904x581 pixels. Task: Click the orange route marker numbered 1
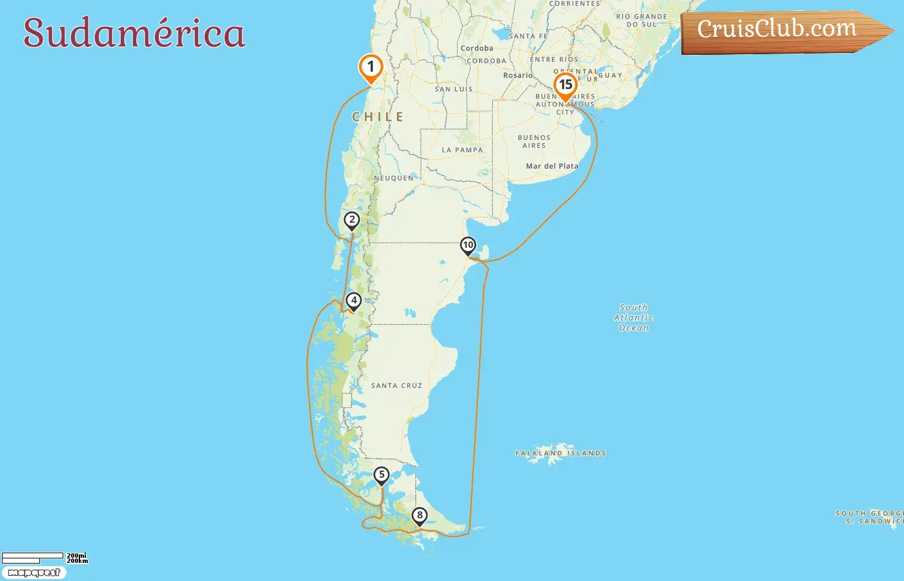tap(371, 67)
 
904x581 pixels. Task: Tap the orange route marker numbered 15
tap(566, 85)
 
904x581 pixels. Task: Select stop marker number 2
tap(351, 220)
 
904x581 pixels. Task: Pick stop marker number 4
tap(353, 301)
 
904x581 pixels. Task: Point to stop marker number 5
tap(382, 475)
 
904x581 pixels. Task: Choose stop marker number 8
tap(420, 515)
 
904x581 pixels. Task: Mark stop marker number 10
tap(468, 245)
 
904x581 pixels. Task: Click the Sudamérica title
tap(134, 33)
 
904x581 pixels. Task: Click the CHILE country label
tap(378, 117)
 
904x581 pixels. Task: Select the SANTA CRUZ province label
tap(396, 385)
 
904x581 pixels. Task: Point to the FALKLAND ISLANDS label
tap(560, 453)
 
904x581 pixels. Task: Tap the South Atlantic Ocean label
tap(633, 318)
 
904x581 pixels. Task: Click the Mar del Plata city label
tap(552, 166)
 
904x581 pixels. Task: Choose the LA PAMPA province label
tap(462, 150)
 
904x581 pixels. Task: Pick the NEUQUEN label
tap(394, 178)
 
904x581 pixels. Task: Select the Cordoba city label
tap(477, 48)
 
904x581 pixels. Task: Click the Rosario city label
tap(518, 76)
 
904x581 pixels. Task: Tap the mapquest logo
tap(34, 573)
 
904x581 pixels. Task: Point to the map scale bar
tap(32, 558)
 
